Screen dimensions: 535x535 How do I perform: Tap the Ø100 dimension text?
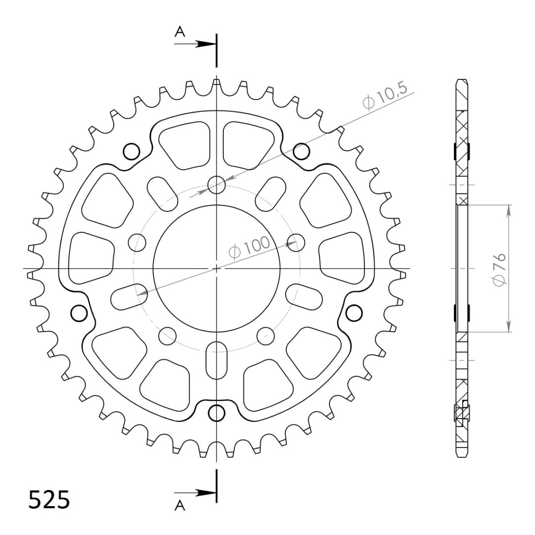tap(249, 247)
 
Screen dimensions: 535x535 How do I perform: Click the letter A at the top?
tap(179, 31)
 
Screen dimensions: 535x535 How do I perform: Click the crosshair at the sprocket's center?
tap(217, 269)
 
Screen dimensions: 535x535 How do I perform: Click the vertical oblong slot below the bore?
tap(217, 360)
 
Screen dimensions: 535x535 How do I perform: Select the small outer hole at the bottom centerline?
tap(217, 412)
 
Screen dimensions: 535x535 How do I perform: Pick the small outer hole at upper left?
tap(131, 152)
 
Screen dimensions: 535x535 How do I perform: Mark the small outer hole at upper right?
tap(302, 152)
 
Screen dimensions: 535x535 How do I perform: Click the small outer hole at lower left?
tap(79, 313)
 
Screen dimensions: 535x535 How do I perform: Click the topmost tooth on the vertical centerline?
tap(217, 83)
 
